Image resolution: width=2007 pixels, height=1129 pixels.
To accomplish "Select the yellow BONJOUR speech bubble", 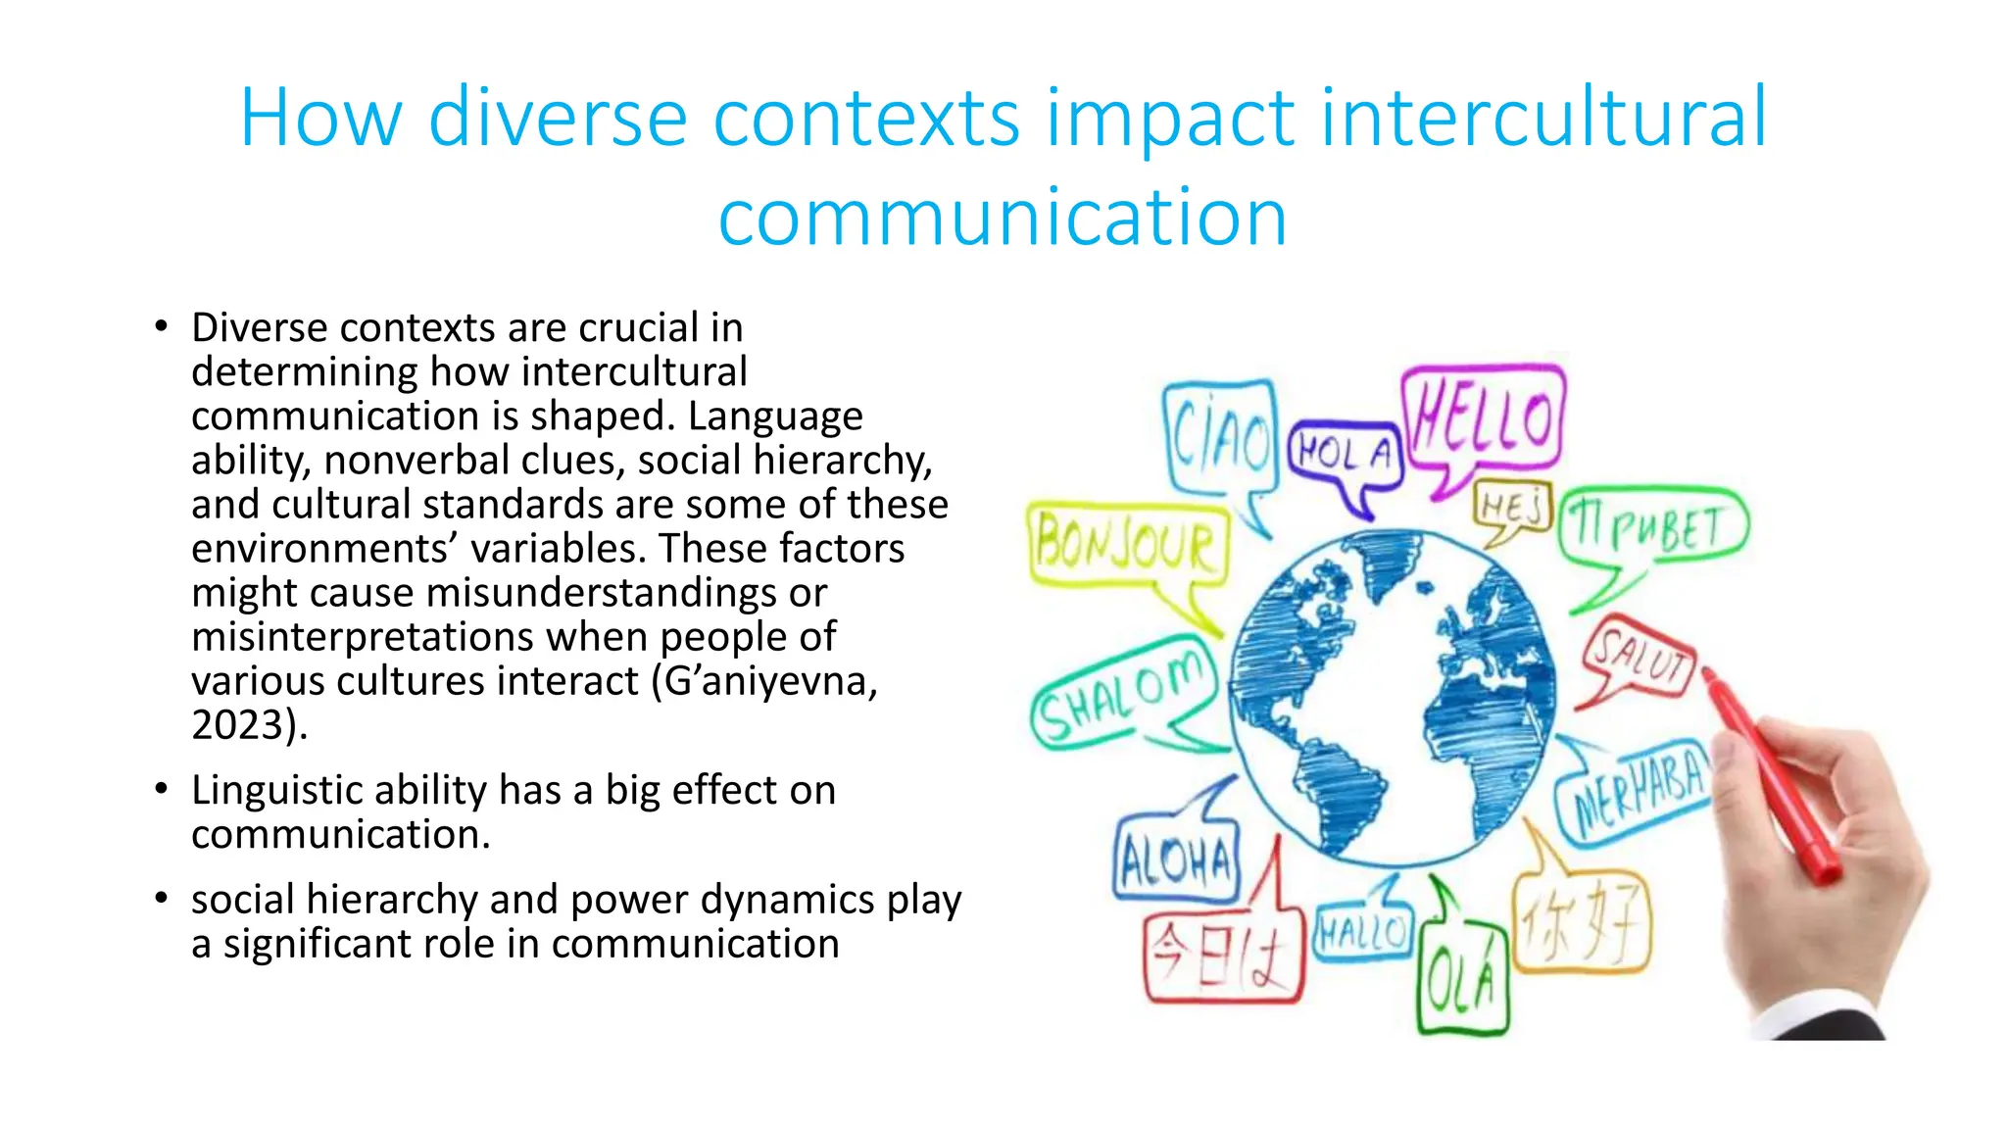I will point(1126,544).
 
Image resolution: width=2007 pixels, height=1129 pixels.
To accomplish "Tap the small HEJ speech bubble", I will point(1512,506).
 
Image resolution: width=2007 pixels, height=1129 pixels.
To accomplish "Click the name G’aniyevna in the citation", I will point(770,681).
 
